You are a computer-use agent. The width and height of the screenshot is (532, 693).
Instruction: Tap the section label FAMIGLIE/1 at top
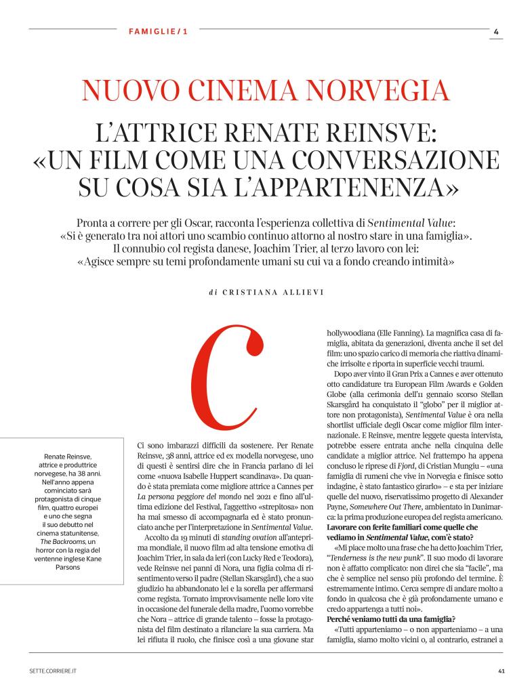157,31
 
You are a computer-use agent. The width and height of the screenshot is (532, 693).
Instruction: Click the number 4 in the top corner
496,31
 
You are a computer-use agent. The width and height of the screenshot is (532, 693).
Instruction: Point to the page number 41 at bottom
501,671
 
